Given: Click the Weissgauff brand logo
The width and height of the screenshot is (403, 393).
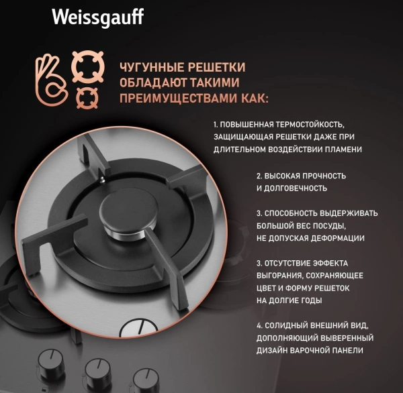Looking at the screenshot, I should pos(97,16).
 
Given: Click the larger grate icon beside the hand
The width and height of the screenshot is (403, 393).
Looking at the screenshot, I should pos(88,68).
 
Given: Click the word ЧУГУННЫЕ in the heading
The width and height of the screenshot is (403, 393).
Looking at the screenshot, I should pos(150,68).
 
